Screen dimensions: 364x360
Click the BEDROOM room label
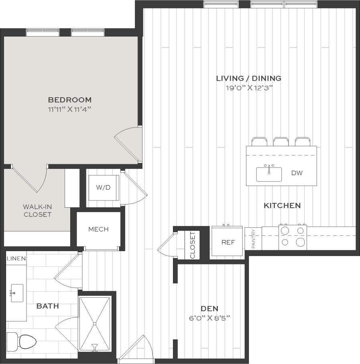70,100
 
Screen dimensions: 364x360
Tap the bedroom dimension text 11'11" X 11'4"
70,109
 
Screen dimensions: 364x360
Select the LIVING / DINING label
248,78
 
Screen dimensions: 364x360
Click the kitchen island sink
269,174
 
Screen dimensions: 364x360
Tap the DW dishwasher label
297,174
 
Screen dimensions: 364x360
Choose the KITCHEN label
282,206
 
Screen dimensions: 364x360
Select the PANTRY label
253,239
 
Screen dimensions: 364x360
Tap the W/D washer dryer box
102,187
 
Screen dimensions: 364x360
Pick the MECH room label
98,229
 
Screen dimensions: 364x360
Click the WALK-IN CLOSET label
37,211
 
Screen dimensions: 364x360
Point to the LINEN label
16,258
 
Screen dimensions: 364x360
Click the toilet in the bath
26,342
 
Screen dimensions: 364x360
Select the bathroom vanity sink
16,293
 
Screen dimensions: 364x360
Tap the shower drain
95,323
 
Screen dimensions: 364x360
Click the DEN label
209,309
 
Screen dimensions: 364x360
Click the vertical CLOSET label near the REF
192,245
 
